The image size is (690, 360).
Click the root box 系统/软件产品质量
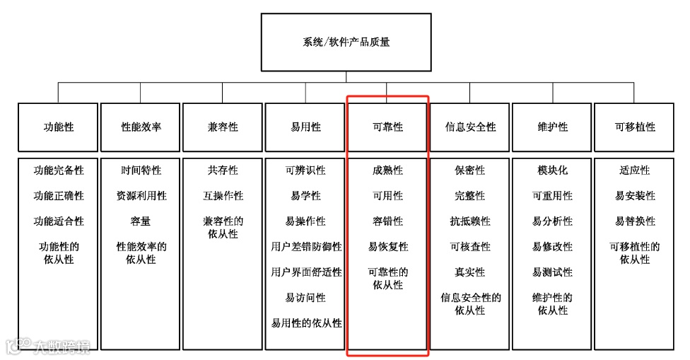click(x=346, y=42)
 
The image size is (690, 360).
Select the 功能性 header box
click(x=59, y=127)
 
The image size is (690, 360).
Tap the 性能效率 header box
click(x=141, y=127)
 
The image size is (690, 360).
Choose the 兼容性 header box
click(x=223, y=127)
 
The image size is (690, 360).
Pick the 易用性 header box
click(x=305, y=127)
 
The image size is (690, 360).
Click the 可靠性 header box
click(x=387, y=127)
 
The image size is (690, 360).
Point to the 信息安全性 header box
click(x=470, y=127)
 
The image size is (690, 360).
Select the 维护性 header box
click(x=552, y=127)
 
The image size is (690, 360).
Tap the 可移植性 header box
click(x=635, y=127)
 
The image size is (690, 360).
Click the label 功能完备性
click(x=59, y=170)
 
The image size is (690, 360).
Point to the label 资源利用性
click(x=141, y=196)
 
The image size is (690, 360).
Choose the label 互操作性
click(x=223, y=196)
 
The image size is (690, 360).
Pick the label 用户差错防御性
click(x=305, y=247)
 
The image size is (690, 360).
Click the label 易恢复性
click(x=387, y=247)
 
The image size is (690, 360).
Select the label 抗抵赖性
click(x=470, y=221)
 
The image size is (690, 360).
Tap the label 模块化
click(x=552, y=170)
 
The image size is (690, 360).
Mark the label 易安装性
click(x=635, y=196)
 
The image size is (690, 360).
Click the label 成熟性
click(x=387, y=170)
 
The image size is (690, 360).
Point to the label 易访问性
click(x=305, y=298)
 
